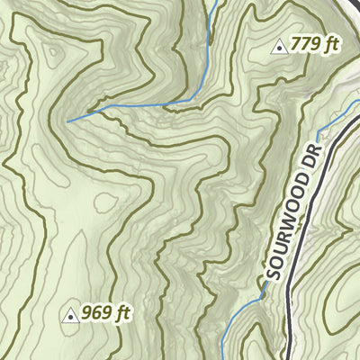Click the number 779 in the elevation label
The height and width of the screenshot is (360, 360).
coord(305,45)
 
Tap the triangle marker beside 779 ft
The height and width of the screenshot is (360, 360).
coord(280,46)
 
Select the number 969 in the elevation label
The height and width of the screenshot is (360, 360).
coord(96,314)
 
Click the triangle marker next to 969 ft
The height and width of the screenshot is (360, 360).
coord(70,315)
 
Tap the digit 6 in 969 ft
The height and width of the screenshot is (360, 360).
coord(96,314)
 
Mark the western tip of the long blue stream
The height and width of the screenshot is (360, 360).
coord(67,120)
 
